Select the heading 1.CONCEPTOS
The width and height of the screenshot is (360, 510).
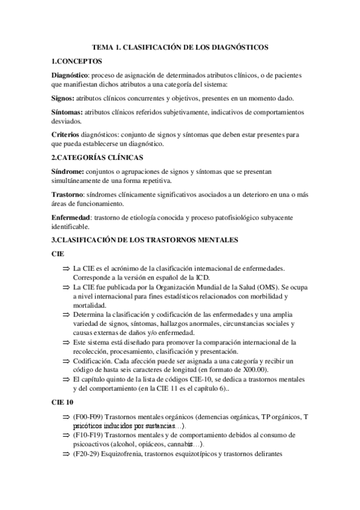pos(77,61)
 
